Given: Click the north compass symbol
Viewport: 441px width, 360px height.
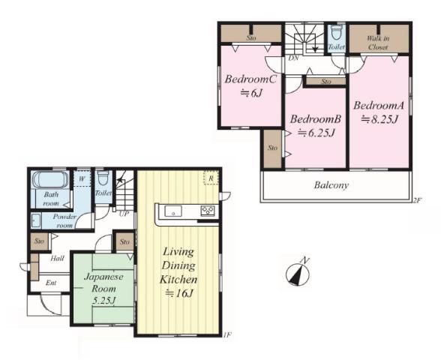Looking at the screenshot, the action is (298, 274).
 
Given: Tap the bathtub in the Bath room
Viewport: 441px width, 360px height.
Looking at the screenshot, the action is (50, 179).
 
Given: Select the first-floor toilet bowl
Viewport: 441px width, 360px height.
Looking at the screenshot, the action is (103, 178).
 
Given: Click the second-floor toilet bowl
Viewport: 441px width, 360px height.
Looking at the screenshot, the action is (336, 33).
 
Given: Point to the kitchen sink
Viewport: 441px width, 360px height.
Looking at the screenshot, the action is (173, 211).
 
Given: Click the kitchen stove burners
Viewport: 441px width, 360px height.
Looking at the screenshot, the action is (208, 211).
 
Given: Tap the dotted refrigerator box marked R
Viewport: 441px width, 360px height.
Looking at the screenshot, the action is (211, 178).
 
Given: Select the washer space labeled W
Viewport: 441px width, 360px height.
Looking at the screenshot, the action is (82, 178).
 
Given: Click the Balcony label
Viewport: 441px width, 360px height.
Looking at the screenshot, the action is (331, 185).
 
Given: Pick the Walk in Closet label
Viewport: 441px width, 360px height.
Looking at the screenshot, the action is (378, 43).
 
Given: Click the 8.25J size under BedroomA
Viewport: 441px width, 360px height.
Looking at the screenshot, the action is (379, 119).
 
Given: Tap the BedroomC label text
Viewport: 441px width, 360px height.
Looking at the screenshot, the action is (250, 79).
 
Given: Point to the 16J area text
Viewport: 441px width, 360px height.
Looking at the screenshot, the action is (179, 294).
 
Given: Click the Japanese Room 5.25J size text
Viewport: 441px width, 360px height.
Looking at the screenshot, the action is (103, 301).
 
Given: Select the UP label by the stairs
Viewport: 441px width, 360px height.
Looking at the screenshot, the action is (124, 214).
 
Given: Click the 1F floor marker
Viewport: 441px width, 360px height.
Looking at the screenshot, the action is (227, 335).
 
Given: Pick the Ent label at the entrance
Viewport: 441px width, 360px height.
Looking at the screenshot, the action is (51, 283).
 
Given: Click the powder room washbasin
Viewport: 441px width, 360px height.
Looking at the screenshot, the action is (36, 220).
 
